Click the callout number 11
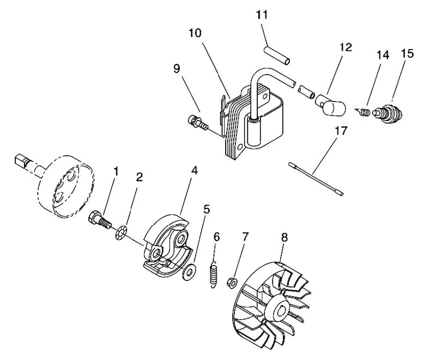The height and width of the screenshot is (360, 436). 262,15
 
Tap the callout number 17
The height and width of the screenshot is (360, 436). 341,130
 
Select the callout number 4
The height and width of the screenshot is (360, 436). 195,171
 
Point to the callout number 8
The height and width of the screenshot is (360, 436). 284,237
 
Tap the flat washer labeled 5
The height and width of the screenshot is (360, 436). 189,271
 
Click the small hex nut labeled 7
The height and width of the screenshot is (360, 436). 233,283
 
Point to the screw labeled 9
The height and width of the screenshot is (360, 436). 197,122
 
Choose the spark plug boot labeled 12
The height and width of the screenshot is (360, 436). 330,105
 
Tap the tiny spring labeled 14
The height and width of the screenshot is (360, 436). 364,112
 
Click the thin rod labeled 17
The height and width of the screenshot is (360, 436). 316,179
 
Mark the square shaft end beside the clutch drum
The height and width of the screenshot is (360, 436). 21,161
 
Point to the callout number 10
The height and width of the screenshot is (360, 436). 195,33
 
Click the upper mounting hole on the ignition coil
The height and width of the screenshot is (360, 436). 265,97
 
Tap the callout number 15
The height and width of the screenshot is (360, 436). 407,53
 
